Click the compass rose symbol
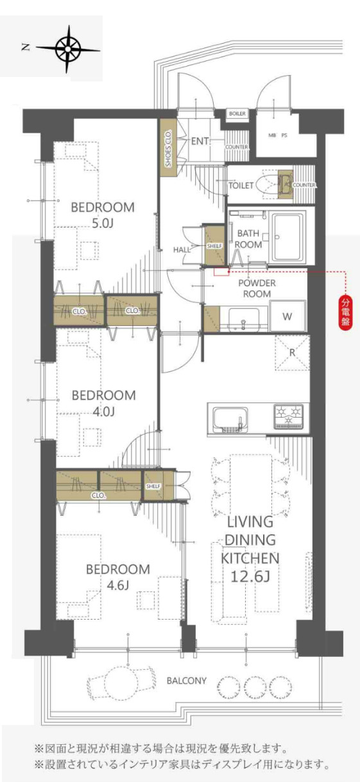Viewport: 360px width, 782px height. coord(68,50)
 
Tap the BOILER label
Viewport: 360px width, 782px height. coord(237,114)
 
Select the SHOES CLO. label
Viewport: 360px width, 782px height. coord(168,148)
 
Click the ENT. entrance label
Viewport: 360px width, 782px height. coord(200,141)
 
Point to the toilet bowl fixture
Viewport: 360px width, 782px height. coord(267,184)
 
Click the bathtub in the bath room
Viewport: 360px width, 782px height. coord(288,237)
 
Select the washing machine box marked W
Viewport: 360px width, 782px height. coord(287,316)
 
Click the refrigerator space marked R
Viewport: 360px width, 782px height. coord(293,353)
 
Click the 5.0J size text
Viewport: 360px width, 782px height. coord(103,223)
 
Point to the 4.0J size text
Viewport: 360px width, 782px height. coord(103,412)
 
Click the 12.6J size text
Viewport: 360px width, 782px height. coord(250,577)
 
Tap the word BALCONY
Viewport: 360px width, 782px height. coord(187,681)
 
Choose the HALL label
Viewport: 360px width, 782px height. coord(182,250)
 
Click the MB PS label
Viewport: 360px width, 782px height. coord(278,135)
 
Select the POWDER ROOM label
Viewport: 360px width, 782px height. coord(257,289)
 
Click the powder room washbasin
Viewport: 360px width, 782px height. coord(243,319)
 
